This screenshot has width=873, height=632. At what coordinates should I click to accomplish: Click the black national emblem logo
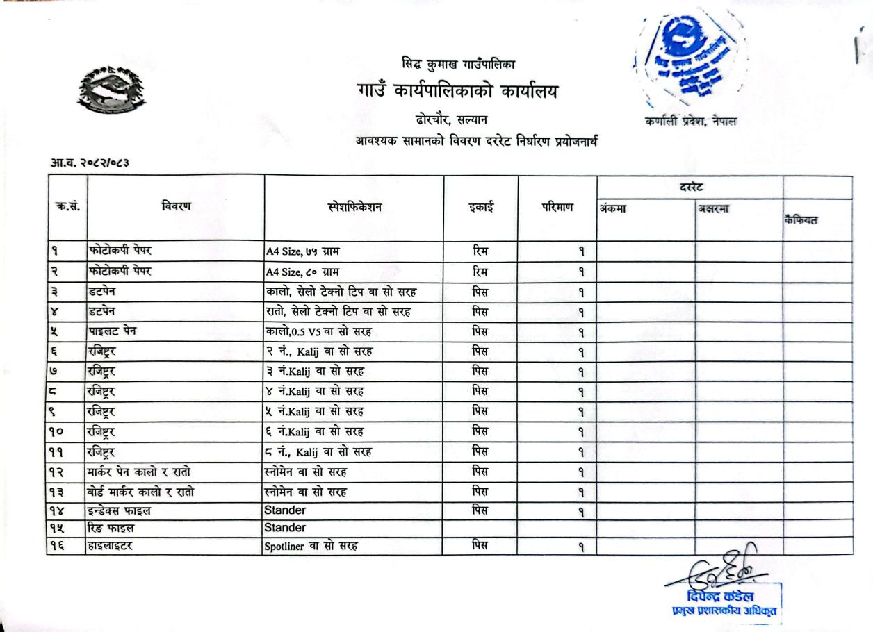click(112, 90)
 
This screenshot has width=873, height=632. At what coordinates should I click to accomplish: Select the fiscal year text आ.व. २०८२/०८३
click(90, 163)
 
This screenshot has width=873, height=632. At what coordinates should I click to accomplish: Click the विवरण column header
click(176, 206)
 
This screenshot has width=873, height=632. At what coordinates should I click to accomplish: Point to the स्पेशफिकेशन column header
click(354, 207)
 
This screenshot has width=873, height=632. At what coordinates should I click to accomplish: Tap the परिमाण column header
click(557, 207)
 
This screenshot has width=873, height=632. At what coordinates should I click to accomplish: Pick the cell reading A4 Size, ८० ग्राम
click(303, 272)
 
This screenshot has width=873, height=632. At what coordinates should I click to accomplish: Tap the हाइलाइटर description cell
click(111, 546)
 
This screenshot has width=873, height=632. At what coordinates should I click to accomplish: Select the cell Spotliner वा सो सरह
click(311, 546)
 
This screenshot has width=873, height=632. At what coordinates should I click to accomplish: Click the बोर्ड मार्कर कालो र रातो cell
click(140, 492)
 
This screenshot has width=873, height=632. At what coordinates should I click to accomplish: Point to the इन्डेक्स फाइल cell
click(119, 510)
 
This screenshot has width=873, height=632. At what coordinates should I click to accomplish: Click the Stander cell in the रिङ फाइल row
click(285, 528)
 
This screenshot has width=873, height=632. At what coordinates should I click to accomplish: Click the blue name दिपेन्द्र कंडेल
click(719, 597)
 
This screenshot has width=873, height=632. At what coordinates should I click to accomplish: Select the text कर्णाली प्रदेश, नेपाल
click(690, 121)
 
